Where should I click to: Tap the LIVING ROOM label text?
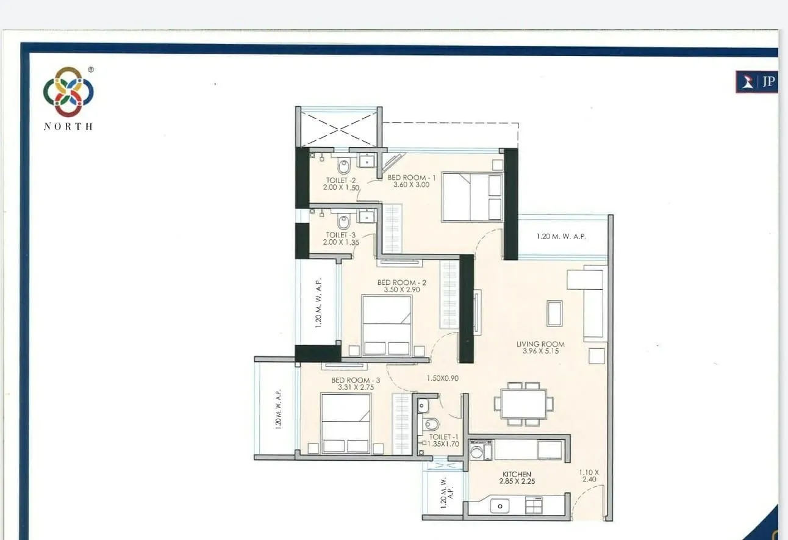click(540, 344)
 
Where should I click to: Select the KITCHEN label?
click(517, 474)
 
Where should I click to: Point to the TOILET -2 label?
click(341, 181)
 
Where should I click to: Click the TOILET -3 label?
click(341, 235)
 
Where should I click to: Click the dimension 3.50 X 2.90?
click(402, 290)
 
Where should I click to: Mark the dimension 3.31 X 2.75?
click(356, 387)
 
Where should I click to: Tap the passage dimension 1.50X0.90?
click(442, 378)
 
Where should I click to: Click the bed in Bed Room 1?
click(471, 197)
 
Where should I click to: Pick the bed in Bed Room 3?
click(346, 423)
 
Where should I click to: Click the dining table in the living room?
click(523, 404)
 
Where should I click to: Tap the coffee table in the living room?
click(555, 313)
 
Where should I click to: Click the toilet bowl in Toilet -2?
click(344, 167)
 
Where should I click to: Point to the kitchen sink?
click(500, 506)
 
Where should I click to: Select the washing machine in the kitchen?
click(477, 452)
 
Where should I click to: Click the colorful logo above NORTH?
click(68, 92)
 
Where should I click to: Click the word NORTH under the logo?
click(68, 127)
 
